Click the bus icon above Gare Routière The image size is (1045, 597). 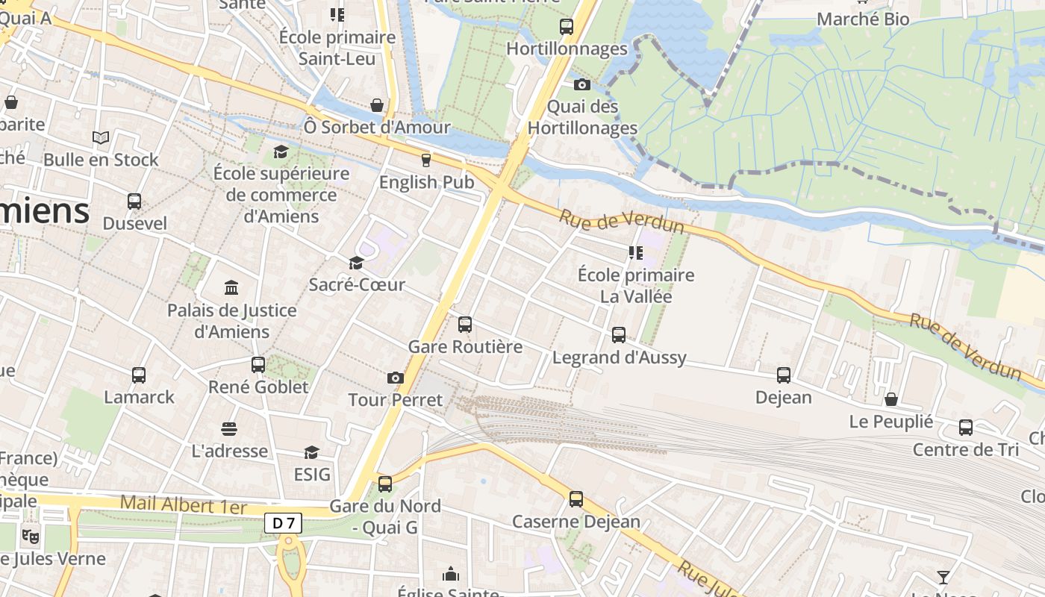(x=465, y=325)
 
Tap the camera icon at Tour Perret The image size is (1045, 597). (x=396, y=378)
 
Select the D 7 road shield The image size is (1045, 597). (x=283, y=523)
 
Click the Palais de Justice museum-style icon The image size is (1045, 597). (x=231, y=288)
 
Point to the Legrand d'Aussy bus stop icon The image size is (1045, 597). (x=619, y=335)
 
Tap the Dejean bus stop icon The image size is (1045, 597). (x=784, y=375)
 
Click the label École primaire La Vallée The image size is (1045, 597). (x=636, y=286)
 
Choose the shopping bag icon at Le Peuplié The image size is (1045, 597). (x=890, y=399)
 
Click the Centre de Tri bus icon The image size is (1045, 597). (x=966, y=428)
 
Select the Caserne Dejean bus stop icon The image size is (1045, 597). (x=576, y=499)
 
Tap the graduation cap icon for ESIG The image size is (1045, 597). (x=311, y=452)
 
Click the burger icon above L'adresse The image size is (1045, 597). (x=229, y=429)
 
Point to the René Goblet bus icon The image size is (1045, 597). (x=258, y=365)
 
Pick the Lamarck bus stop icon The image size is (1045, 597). (x=139, y=375)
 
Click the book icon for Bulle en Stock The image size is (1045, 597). (x=101, y=137)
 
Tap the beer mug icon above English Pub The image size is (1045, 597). (x=426, y=160)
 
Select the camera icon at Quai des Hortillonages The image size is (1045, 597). (x=582, y=85)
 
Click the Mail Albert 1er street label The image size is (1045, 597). (x=183, y=505)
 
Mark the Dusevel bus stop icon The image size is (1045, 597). (x=134, y=201)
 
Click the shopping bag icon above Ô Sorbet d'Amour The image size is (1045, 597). (x=377, y=105)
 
